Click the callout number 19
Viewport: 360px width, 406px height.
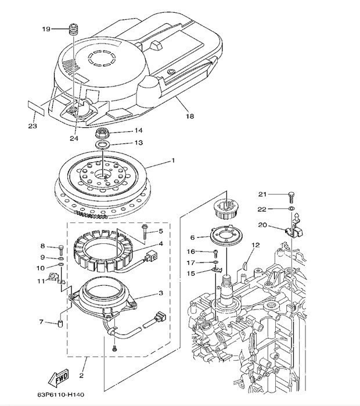click(46, 29)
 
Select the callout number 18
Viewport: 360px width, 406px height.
click(190, 116)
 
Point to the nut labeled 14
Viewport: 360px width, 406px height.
click(103, 132)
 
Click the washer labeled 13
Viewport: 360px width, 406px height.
click(103, 144)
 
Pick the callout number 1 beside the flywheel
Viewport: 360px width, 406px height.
click(172, 160)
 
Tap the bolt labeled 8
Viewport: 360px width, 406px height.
click(60, 248)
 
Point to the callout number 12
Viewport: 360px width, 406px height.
click(253, 246)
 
